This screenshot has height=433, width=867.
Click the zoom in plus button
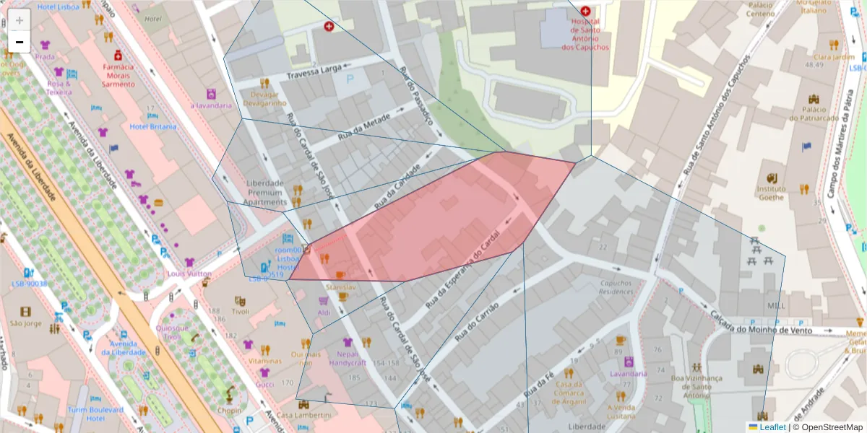(x=20, y=20)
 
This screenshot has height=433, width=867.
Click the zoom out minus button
(x=20, y=42)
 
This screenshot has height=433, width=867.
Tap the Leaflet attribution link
(x=767, y=427)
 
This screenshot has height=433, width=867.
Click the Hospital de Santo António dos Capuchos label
(x=585, y=38)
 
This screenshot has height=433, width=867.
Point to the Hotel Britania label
(x=152, y=126)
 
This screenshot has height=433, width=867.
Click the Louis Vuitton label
(x=189, y=274)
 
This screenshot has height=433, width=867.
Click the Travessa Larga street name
(x=314, y=74)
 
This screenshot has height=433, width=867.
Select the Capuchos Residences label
(x=616, y=288)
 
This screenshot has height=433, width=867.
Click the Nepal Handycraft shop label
(x=348, y=358)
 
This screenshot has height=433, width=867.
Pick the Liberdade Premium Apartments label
(x=266, y=193)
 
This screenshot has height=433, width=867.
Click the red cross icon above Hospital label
(x=585, y=12)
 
